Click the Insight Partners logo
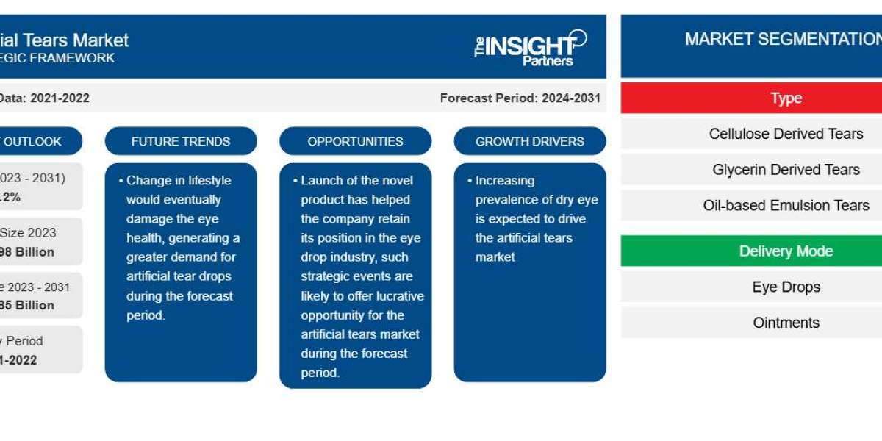click(531, 48)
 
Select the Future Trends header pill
click(181, 141)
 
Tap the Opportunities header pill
click(355, 141)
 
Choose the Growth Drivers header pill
click(530, 141)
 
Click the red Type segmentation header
click(786, 98)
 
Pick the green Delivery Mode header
click(786, 251)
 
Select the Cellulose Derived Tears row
click(786, 134)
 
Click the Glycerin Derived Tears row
click(786, 170)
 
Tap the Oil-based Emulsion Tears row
click(786, 205)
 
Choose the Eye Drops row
click(786, 287)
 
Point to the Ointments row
click(786, 323)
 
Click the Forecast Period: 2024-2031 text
click(520, 98)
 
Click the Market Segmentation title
click(783, 40)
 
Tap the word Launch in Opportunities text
click(320, 180)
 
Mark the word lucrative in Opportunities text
click(398, 295)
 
